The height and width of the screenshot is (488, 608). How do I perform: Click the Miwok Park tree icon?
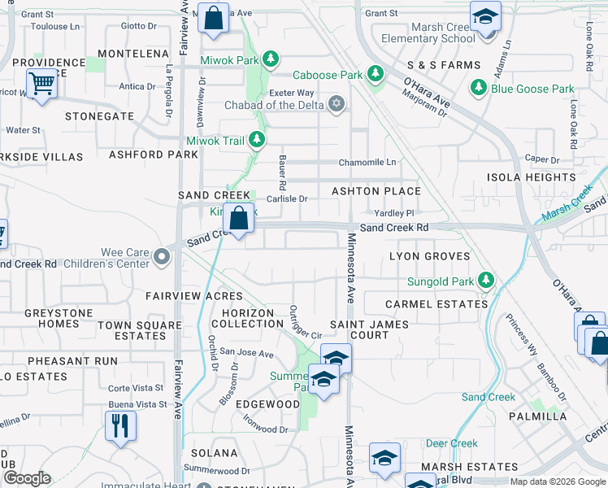[271, 59]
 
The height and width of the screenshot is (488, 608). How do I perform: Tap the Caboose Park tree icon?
[375, 75]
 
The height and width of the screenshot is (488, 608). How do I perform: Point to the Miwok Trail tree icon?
[257, 141]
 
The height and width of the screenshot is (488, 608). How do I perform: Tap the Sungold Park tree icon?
[486, 281]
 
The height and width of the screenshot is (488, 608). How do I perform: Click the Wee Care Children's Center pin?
[162, 258]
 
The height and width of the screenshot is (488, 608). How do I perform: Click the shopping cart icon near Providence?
[41, 82]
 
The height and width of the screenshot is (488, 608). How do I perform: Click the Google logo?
[27, 478]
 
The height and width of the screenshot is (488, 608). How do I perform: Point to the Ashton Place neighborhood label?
[376, 191]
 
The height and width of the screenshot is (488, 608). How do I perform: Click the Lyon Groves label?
[429, 256]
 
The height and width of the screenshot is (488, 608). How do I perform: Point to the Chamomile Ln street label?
[367, 162]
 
